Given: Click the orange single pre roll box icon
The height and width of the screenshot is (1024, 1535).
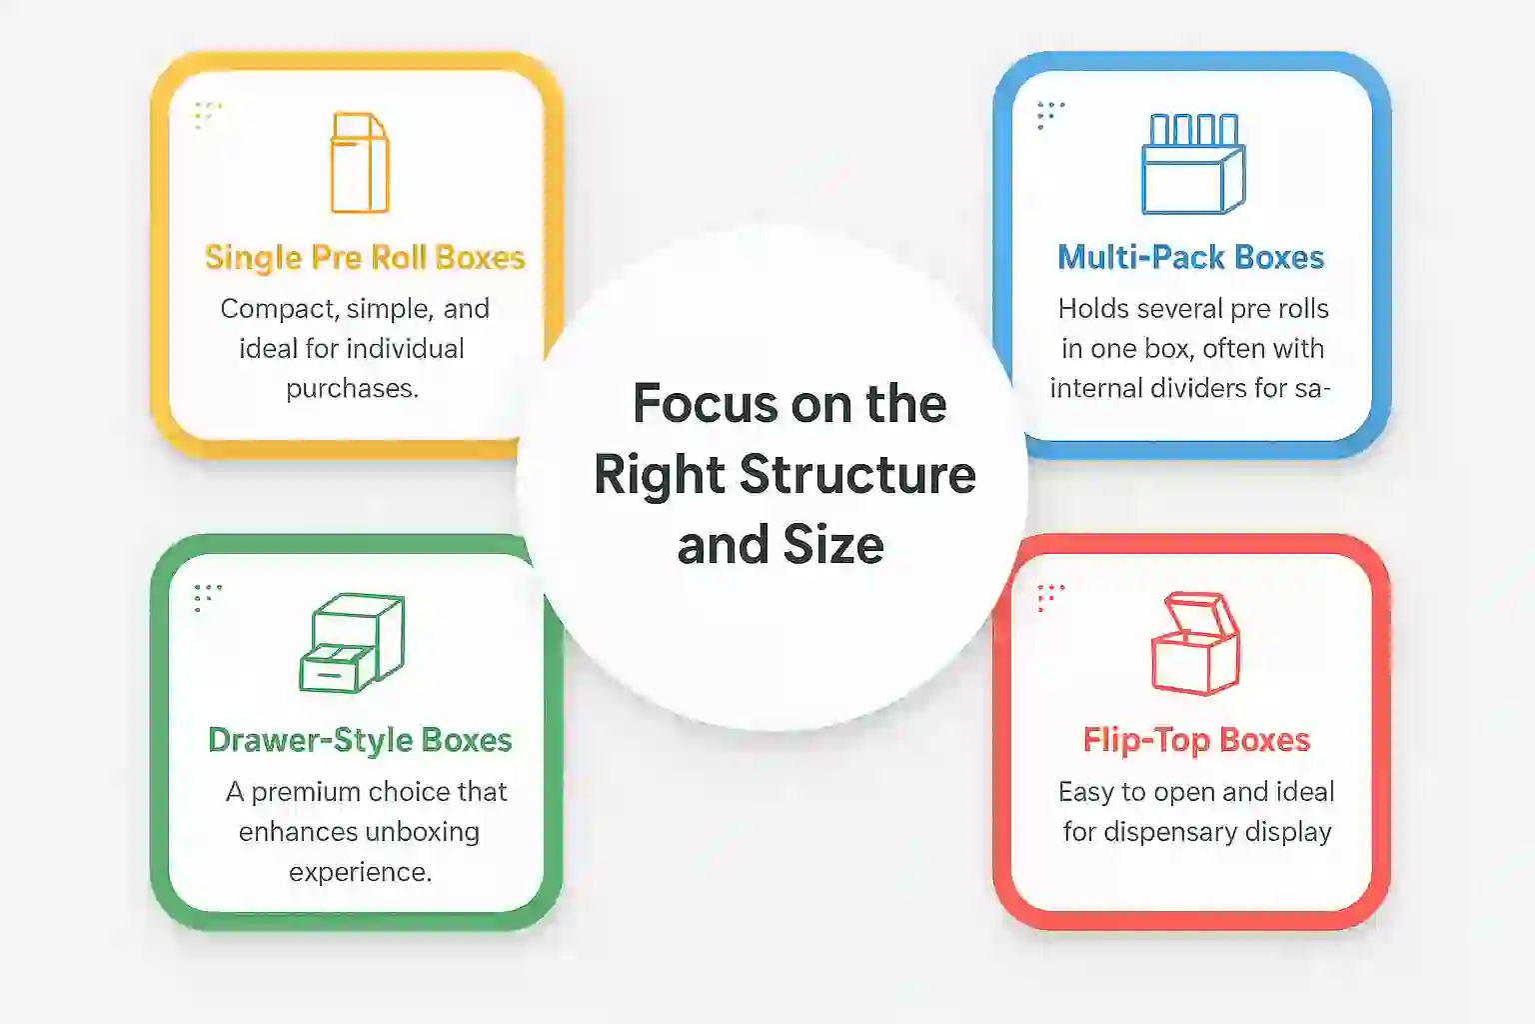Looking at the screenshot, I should coord(359,163).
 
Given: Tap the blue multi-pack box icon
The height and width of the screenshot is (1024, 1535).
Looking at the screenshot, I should coord(1193,164).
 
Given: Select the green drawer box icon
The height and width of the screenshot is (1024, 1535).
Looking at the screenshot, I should coord(353,643).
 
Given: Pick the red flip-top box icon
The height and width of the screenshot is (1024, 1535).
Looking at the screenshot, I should coord(1195,644).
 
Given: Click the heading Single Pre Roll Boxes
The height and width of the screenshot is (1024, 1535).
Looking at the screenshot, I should coord(365,258).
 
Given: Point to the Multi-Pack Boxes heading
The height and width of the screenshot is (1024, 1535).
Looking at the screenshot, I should coord(1191,258).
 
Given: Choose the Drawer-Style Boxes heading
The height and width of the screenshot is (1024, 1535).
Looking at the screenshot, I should coord(360,740).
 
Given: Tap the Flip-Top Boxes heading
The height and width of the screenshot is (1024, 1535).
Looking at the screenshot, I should coord(1196,740).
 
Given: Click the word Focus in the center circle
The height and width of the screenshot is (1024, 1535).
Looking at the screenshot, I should coord(706,404).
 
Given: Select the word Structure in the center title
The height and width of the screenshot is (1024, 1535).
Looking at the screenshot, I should coord(857,474).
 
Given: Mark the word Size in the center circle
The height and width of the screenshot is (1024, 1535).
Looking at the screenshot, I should coord(833,545).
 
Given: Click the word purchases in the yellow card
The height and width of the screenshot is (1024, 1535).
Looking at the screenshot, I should coord(352,388).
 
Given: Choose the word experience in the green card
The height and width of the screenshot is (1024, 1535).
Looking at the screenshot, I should coord(360,872).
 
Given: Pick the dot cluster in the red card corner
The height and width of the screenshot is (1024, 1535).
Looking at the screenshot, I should coord(1049,597).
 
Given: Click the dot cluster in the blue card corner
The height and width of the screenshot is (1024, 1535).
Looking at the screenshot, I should coord(1049,115).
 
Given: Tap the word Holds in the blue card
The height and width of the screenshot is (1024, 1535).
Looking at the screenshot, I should coord(1090,309).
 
